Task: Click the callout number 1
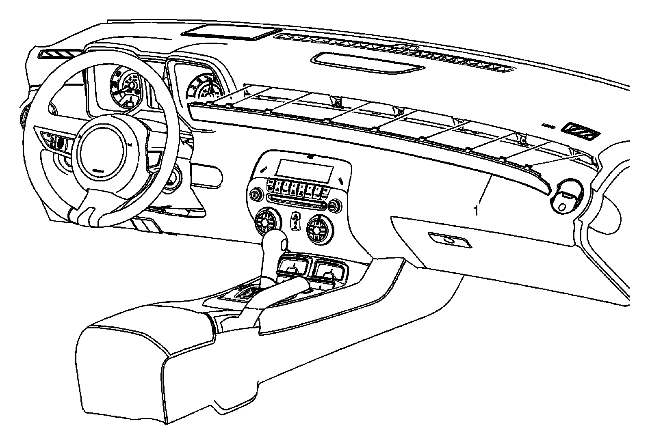click(x=476, y=211)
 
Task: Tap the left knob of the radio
click(x=255, y=195)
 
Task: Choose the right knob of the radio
click(x=334, y=207)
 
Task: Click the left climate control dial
click(x=266, y=221)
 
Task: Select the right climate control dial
click(x=318, y=229)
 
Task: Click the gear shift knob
click(x=274, y=243)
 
